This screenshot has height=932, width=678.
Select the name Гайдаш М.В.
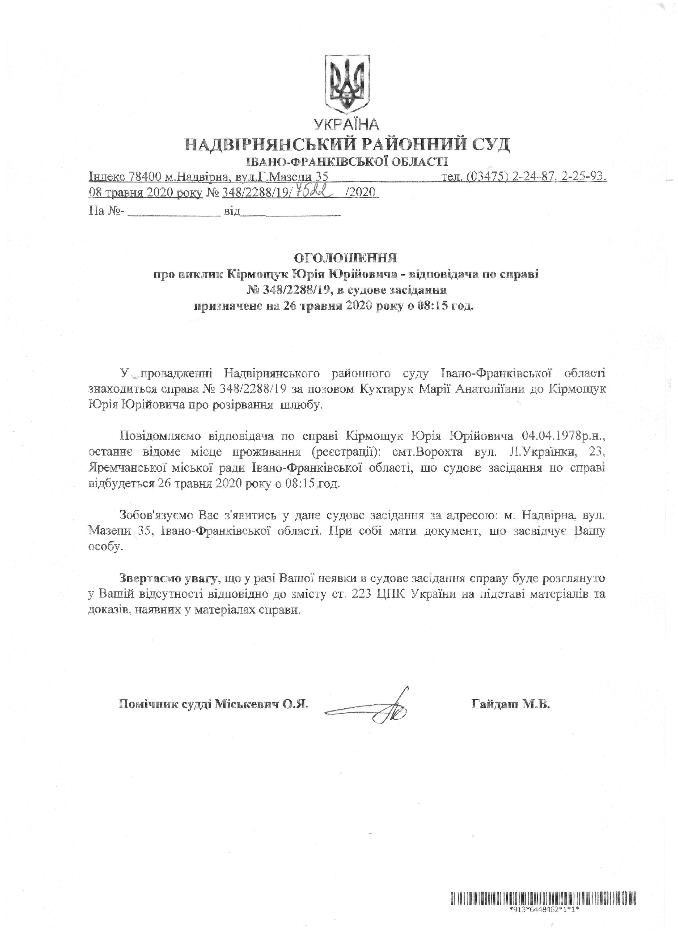(510, 704)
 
